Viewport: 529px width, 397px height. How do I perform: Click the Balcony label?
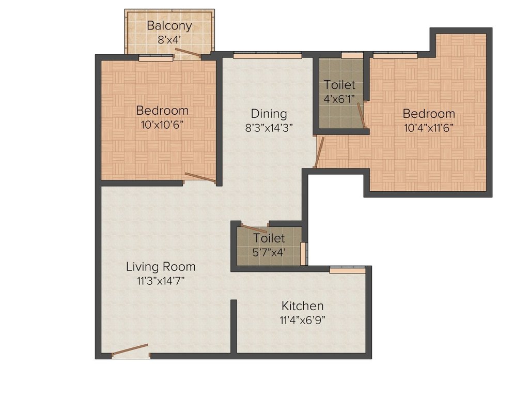(169, 26)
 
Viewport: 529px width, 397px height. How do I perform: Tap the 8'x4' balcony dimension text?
(169, 38)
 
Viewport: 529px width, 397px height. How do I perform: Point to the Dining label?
(269, 114)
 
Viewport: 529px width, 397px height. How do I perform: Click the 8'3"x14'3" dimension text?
(269, 128)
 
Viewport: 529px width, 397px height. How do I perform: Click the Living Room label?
(161, 267)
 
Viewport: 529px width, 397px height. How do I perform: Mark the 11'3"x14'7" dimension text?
(161, 281)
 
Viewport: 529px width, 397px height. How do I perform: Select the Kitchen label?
(302, 306)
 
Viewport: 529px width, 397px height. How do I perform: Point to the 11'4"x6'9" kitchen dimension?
(302, 319)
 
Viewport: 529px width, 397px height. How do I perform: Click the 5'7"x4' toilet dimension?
(269, 252)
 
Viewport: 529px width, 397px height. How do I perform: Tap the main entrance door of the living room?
(130, 351)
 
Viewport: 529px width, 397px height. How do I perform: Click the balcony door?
(186, 52)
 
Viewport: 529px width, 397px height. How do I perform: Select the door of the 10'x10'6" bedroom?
(200, 177)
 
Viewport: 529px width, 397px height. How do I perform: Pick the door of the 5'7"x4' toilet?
(254, 229)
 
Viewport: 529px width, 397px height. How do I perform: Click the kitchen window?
(347, 269)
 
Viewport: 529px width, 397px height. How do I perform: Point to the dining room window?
(267, 54)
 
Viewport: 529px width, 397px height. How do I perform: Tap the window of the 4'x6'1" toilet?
(352, 55)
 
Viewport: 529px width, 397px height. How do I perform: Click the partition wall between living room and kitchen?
(234, 326)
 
